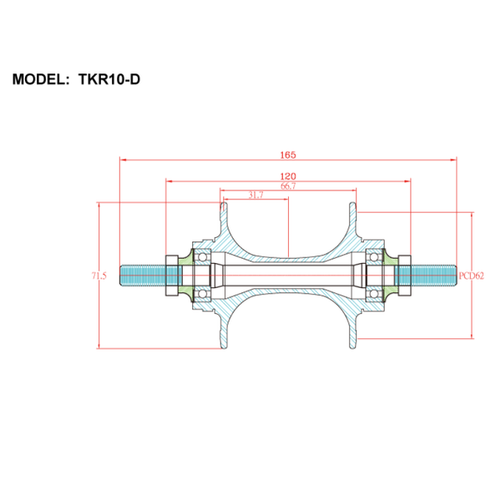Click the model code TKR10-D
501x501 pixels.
(x=109, y=79)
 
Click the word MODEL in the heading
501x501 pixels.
(x=38, y=79)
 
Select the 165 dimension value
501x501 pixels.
(x=288, y=155)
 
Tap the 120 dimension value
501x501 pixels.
(x=288, y=176)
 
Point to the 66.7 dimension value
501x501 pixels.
(x=288, y=186)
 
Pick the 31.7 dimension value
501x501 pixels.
(x=256, y=195)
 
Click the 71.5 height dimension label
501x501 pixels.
(x=99, y=276)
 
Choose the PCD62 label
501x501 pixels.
(x=471, y=276)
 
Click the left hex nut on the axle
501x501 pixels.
(x=172, y=276)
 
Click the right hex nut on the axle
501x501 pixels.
(x=404, y=276)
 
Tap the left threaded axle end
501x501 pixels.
(x=143, y=276)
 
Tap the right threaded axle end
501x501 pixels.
(x=433, y=276)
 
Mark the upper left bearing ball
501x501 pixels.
(x=202, y=257)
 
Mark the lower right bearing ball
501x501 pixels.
(x=374, y=294)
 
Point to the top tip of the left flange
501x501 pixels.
(x=225, y=203)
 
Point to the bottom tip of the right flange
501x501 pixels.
(x=352, y=348)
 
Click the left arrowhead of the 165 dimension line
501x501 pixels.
(x=124, y=159)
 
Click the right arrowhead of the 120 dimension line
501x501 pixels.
(x=407, y=181)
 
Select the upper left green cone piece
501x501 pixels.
(x=186, y=258)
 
